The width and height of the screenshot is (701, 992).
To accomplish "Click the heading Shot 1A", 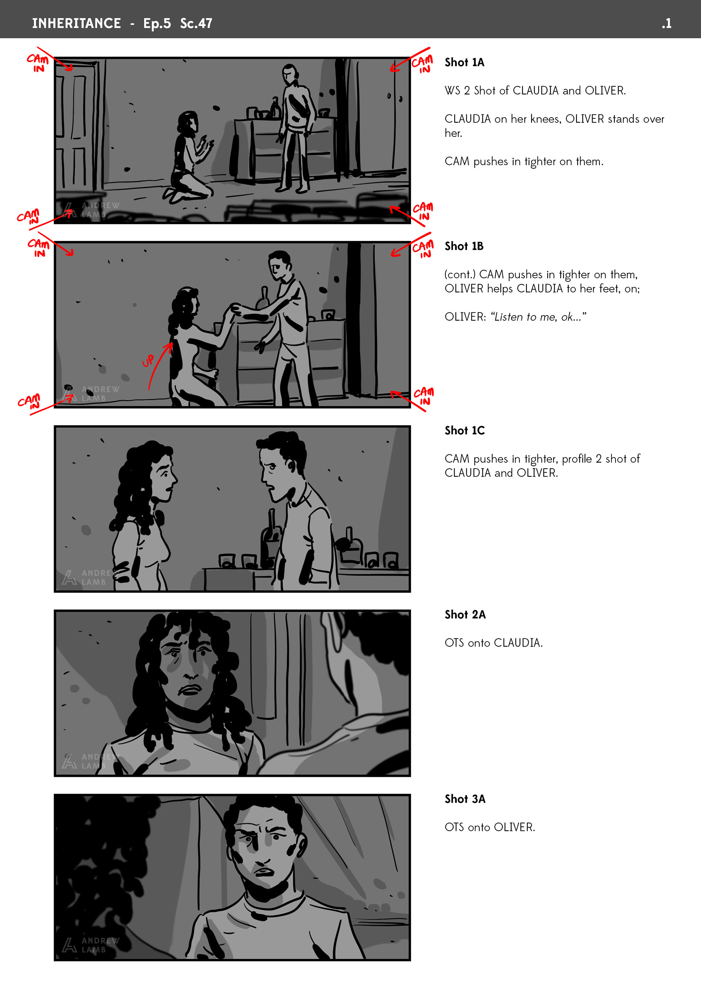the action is [464, 62].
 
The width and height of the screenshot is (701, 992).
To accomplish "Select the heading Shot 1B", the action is [464, 246].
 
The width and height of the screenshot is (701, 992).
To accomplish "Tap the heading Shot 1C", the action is [465, 430].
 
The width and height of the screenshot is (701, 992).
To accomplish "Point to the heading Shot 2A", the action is [465, 614].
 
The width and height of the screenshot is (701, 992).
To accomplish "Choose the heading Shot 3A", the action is [465, 799].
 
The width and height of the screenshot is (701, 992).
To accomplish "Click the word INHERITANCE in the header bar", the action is [76, 23].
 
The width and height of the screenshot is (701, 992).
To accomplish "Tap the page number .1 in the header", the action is [666, 23].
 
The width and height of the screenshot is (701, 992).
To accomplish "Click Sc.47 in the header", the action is [196, 23].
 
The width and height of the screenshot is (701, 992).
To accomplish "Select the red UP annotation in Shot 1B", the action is [148, 361].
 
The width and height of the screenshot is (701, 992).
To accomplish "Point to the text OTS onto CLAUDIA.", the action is [494, 643].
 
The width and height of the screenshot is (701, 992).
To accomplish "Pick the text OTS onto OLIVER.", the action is [490, 827].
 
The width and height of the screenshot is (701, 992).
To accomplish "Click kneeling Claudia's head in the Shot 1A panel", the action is [188, 122].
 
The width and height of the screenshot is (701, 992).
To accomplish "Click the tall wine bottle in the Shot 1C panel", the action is [271, 538].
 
